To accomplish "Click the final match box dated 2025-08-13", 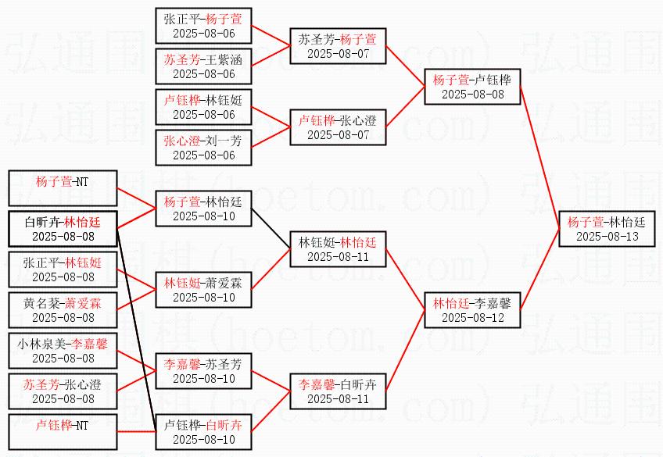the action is (606, 228).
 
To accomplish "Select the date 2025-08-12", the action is (472, 317).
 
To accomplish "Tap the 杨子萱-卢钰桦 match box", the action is (472, 87).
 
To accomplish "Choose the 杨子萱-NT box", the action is (63, 189).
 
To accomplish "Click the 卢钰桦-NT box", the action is (63, 434).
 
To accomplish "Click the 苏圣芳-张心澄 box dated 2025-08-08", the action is (63, 392).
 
